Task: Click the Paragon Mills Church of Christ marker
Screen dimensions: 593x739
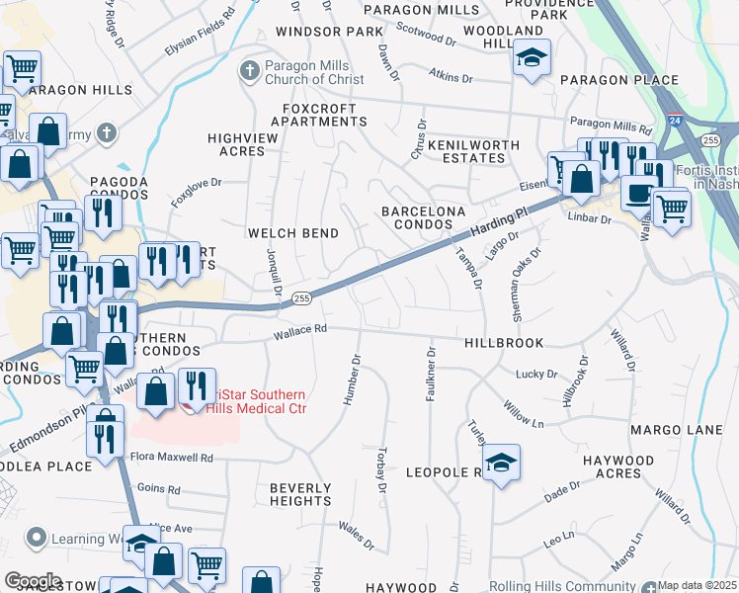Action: pos(248,70)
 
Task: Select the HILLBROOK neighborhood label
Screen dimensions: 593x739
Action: pos(504,341)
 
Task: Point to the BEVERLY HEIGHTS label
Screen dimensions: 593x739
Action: pos(300,494)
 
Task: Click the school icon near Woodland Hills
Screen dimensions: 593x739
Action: pos(532,58)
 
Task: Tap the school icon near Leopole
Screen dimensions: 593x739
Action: pos(502,464)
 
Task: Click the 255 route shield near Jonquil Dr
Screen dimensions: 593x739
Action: pos(303,298)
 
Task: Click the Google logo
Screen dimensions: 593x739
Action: pos(33,580)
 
